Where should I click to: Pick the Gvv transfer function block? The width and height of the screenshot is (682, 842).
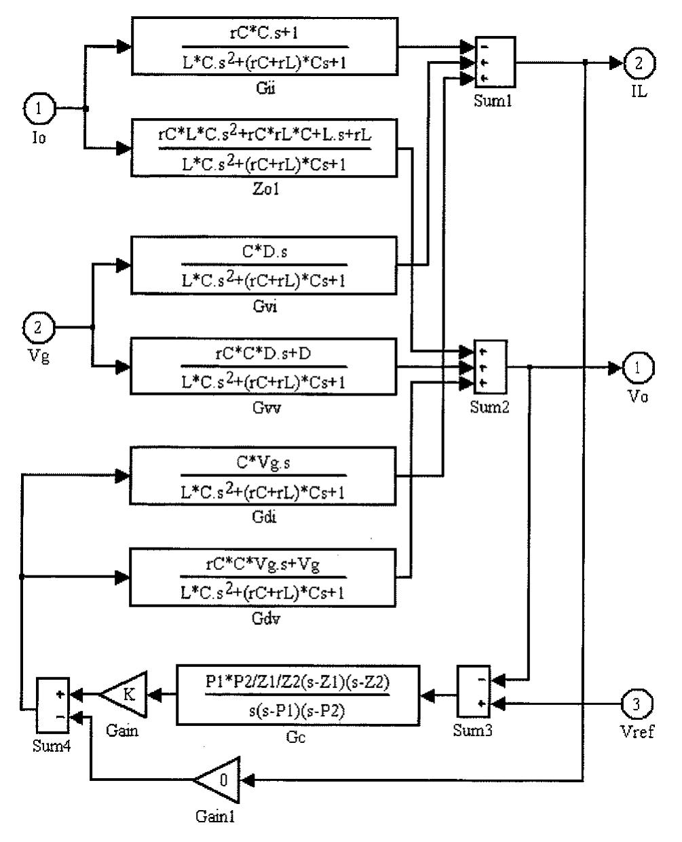264,367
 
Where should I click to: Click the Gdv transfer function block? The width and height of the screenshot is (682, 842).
264,578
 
